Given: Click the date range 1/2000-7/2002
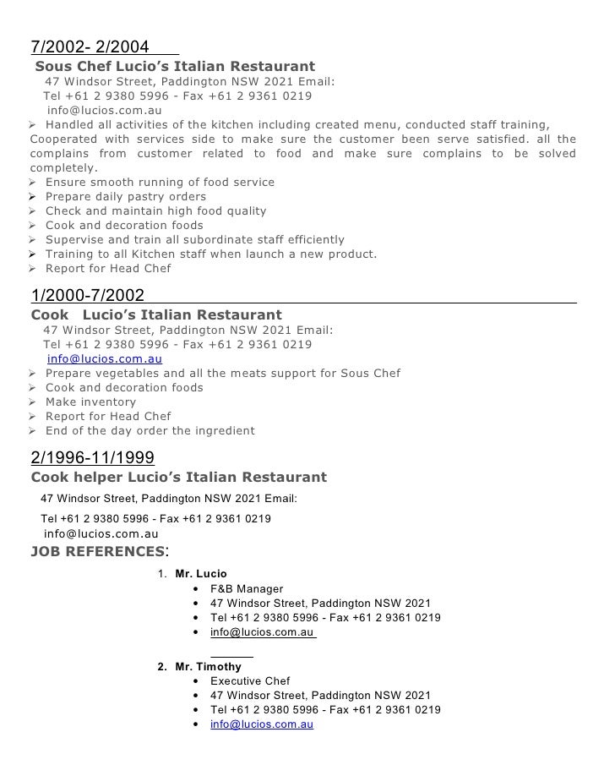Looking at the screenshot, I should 87,295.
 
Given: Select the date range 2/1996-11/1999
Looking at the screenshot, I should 92,458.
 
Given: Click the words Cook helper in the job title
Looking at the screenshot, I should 74,478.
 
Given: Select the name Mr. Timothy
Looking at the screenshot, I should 208,666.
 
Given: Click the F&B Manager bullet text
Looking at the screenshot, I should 247,589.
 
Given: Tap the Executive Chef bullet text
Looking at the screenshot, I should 250,681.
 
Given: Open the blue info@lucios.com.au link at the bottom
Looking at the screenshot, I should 262,724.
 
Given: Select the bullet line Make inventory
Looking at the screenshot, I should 90,402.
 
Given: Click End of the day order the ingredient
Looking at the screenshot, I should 150,431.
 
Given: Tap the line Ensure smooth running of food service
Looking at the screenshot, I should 160,183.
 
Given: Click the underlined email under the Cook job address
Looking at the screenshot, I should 105,358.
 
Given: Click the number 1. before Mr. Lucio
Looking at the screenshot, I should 162,574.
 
